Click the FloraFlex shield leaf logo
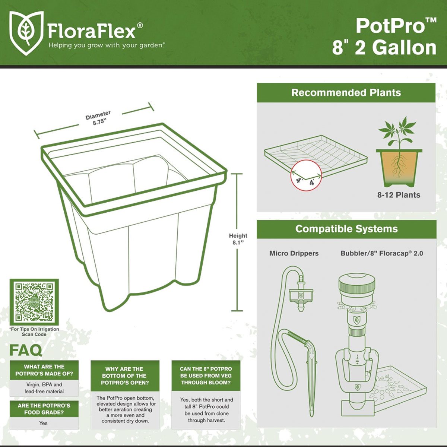click(26, 33)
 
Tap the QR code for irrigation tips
click(34, 302)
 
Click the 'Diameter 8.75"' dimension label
click(99, 118)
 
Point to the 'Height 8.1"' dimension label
click(238, 239)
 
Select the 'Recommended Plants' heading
click(346, 93)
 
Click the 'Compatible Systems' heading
click(346, 229)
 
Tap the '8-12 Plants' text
click(399, 195)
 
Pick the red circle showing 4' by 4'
click(306, 175)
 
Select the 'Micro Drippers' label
click(294, 253)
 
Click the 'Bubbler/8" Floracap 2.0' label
click(381, 253)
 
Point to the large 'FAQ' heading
click(26, 350)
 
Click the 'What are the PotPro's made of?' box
click(44, 370)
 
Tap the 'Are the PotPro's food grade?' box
click(44, 409)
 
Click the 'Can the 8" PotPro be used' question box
click(206, 375)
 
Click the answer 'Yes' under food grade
click(44, 423)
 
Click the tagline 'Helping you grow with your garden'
click(106, 45)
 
